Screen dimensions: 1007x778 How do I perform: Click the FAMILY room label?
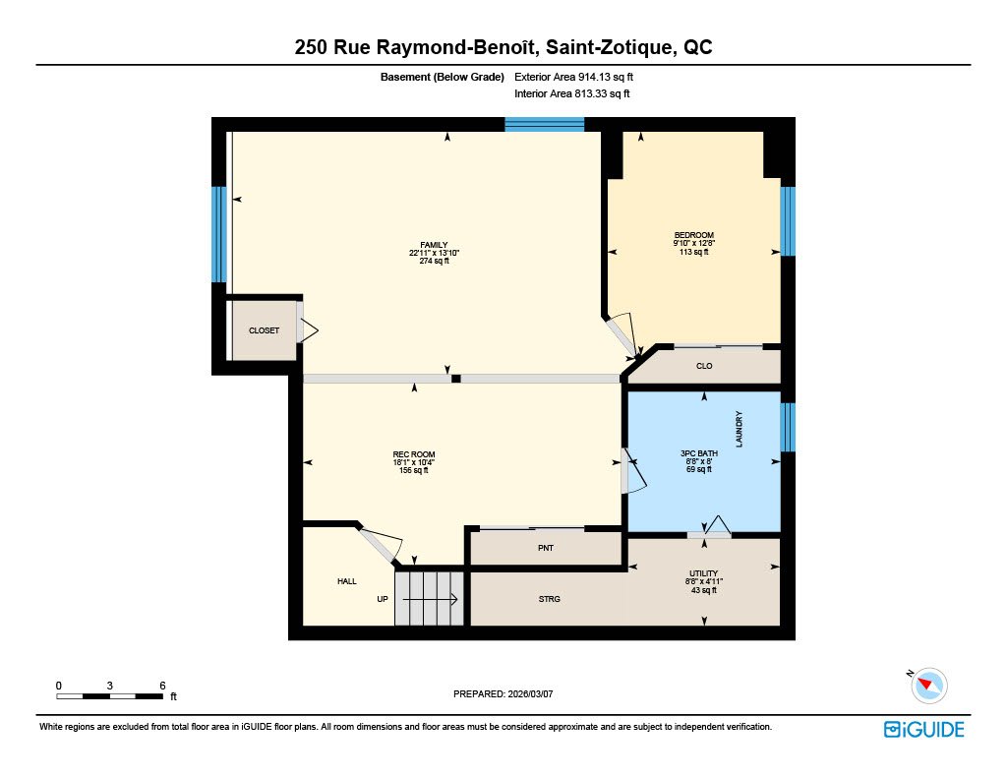point(434,245)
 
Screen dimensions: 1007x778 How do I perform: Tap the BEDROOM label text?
point(693,235)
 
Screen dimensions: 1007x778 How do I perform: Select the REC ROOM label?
point(414,454)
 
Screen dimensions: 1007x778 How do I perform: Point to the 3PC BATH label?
point(699,453)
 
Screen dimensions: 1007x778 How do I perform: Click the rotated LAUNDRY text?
point(739,429)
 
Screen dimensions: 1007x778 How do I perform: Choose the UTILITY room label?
point(703,573)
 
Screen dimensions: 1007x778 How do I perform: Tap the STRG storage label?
point(549,599)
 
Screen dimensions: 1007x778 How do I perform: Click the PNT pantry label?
point(545,548)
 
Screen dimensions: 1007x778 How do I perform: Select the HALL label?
point(347,581)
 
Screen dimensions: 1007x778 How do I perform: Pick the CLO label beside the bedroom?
point(704,366)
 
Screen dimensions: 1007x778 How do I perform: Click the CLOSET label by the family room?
point(264,330)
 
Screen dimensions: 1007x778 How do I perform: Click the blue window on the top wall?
point(544,125)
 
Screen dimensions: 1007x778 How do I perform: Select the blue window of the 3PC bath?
point(788,427)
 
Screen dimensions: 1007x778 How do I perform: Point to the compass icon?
point(928,685)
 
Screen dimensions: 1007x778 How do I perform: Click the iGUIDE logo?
point(924,729)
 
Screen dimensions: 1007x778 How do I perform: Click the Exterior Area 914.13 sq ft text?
point(573,77)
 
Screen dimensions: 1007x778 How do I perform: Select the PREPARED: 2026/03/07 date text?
point(503,693)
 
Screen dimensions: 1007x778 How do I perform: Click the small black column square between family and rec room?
point(456,379)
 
